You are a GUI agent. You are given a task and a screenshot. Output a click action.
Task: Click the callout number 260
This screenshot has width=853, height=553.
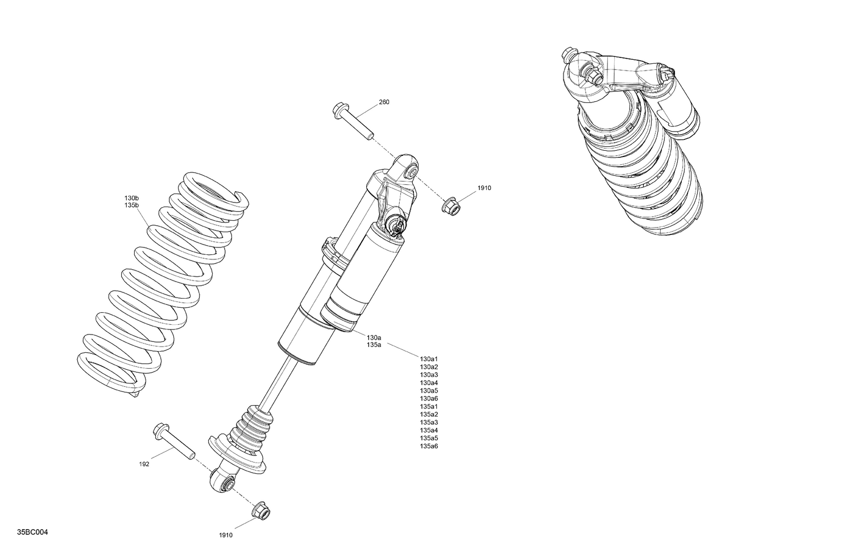point(384,102)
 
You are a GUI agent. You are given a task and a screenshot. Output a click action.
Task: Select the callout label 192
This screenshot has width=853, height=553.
point(144,464)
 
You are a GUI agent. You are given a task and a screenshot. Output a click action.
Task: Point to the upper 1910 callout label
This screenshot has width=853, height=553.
point(484,188)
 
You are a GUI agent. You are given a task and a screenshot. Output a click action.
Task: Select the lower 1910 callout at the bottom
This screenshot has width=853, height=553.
point(226,535)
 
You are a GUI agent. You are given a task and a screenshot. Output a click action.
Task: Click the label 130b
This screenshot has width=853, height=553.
point(131,198)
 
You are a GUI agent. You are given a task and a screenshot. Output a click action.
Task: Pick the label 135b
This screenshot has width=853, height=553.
point(131,205)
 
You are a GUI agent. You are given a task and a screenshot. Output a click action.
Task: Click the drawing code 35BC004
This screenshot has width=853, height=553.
point(32,533)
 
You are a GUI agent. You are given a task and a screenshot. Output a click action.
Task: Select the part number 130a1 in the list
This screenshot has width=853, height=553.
point(429,359)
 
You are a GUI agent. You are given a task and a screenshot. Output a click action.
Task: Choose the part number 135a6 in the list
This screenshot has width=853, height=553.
point(429,446)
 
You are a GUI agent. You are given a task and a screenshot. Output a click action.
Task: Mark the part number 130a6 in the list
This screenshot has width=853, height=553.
point(429,399)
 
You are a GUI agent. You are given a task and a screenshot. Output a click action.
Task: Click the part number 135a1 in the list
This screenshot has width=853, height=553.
point(429,407)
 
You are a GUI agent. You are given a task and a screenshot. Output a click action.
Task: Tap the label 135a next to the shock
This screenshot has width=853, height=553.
point(374,345)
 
